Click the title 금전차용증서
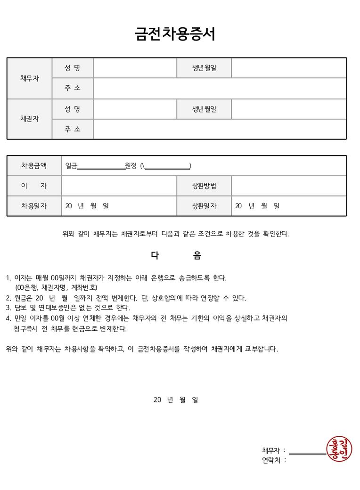175,34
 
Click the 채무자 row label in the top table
29,78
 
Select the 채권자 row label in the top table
29,119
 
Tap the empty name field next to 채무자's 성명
135,68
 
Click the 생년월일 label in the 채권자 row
204,109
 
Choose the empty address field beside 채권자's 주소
220,129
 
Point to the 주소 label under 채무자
73,88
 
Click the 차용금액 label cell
34,165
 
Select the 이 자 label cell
34,186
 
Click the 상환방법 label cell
204,186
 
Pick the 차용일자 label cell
34,206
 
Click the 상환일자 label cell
204,206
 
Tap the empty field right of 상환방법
289,186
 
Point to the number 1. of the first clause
8,278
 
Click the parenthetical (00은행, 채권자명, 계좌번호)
56,287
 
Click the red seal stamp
339,449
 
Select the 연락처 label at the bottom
273,460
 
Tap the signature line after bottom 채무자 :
308,453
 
